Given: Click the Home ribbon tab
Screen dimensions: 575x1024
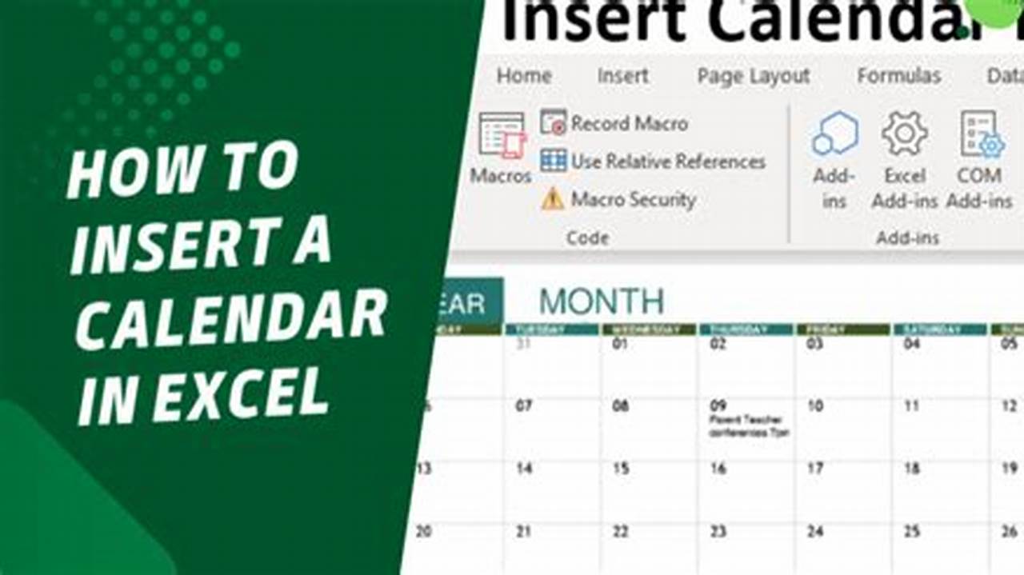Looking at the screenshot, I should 524,76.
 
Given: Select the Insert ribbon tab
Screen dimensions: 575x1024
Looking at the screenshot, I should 622,76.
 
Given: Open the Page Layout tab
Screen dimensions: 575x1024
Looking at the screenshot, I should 753,76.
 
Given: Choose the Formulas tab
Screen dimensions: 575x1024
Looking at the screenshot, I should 898,76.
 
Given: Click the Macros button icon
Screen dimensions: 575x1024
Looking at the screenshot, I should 502,134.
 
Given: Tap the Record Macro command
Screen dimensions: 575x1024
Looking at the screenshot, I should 629,124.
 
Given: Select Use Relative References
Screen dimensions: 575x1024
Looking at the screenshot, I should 667,162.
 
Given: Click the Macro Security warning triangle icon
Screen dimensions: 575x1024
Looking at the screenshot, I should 552,199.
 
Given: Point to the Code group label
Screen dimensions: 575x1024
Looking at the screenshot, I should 587,238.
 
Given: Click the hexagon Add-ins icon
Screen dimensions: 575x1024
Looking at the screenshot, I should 834,134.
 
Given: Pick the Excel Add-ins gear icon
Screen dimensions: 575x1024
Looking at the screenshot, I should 904,134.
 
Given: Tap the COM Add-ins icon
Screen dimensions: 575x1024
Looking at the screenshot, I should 981,134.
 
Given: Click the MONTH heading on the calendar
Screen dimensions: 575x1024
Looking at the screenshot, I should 602,302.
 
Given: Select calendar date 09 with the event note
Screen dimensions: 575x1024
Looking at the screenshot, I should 718,406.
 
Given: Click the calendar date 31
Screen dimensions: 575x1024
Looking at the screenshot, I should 524,345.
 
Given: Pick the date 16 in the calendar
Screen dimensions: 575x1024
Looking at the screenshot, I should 718,469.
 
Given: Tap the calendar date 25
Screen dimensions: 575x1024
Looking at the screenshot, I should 912,531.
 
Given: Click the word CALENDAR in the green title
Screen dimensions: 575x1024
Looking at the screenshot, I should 232,318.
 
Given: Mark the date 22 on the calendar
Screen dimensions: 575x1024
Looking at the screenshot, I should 621,531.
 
